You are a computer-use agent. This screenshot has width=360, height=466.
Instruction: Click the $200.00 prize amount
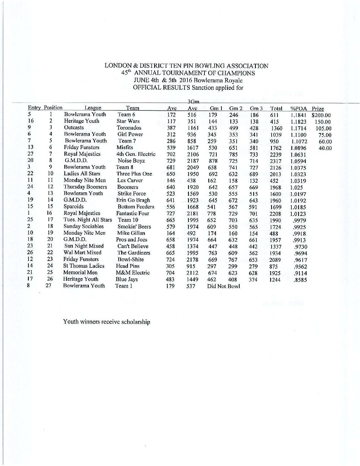(x=321, y=115)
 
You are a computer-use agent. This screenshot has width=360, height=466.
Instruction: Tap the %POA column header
(x=298, y=109)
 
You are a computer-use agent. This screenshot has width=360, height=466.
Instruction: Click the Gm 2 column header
(x=236, y=108)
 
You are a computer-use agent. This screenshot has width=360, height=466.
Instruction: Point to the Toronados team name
(x=129, y=128)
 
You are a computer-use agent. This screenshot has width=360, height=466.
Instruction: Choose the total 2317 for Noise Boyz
(x=276, y=161)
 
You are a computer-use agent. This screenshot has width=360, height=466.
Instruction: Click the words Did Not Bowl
(x=223, y=286)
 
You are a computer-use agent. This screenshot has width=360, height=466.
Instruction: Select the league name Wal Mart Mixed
(x=82, y=252)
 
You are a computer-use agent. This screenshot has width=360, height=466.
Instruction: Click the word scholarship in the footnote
(x=135, y=322)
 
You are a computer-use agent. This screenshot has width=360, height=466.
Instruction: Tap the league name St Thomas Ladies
(x=84, y=266)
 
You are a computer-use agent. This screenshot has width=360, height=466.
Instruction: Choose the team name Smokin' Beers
(x=134, y=227)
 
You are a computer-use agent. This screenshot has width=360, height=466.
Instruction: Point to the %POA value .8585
(x=300, y=280)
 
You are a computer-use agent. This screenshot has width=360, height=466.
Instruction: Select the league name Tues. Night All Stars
(x=88, y=220)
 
